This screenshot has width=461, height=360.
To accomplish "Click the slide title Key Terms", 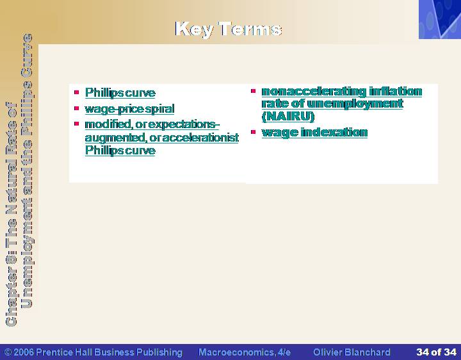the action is pos(228,29).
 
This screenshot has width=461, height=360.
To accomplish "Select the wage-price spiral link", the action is pos(129,109).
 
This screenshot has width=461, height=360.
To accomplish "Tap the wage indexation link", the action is pos(314,133).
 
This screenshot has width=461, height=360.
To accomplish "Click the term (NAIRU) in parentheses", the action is pos(288,116).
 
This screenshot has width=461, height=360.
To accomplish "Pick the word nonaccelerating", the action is pos(314,92).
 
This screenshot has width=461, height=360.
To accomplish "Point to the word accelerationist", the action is pos(200,137).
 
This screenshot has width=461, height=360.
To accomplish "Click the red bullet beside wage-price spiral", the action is pos(77,108).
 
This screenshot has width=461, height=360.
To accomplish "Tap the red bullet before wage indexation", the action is pos(253,132).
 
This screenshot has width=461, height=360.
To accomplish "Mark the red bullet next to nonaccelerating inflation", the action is pos(253,91).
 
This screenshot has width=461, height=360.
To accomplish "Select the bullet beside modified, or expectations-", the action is pos(77,124).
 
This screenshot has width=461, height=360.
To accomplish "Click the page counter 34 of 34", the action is pos(436,352).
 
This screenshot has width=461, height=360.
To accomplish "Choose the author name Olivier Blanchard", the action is pos(352,352).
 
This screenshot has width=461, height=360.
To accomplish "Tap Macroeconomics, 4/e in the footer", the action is pos(245,352).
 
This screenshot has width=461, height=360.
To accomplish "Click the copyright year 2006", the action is pos(24,352).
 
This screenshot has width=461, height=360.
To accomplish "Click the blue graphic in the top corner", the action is pos(440,19).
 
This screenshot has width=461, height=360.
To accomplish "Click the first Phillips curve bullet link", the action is pos(120,93).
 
